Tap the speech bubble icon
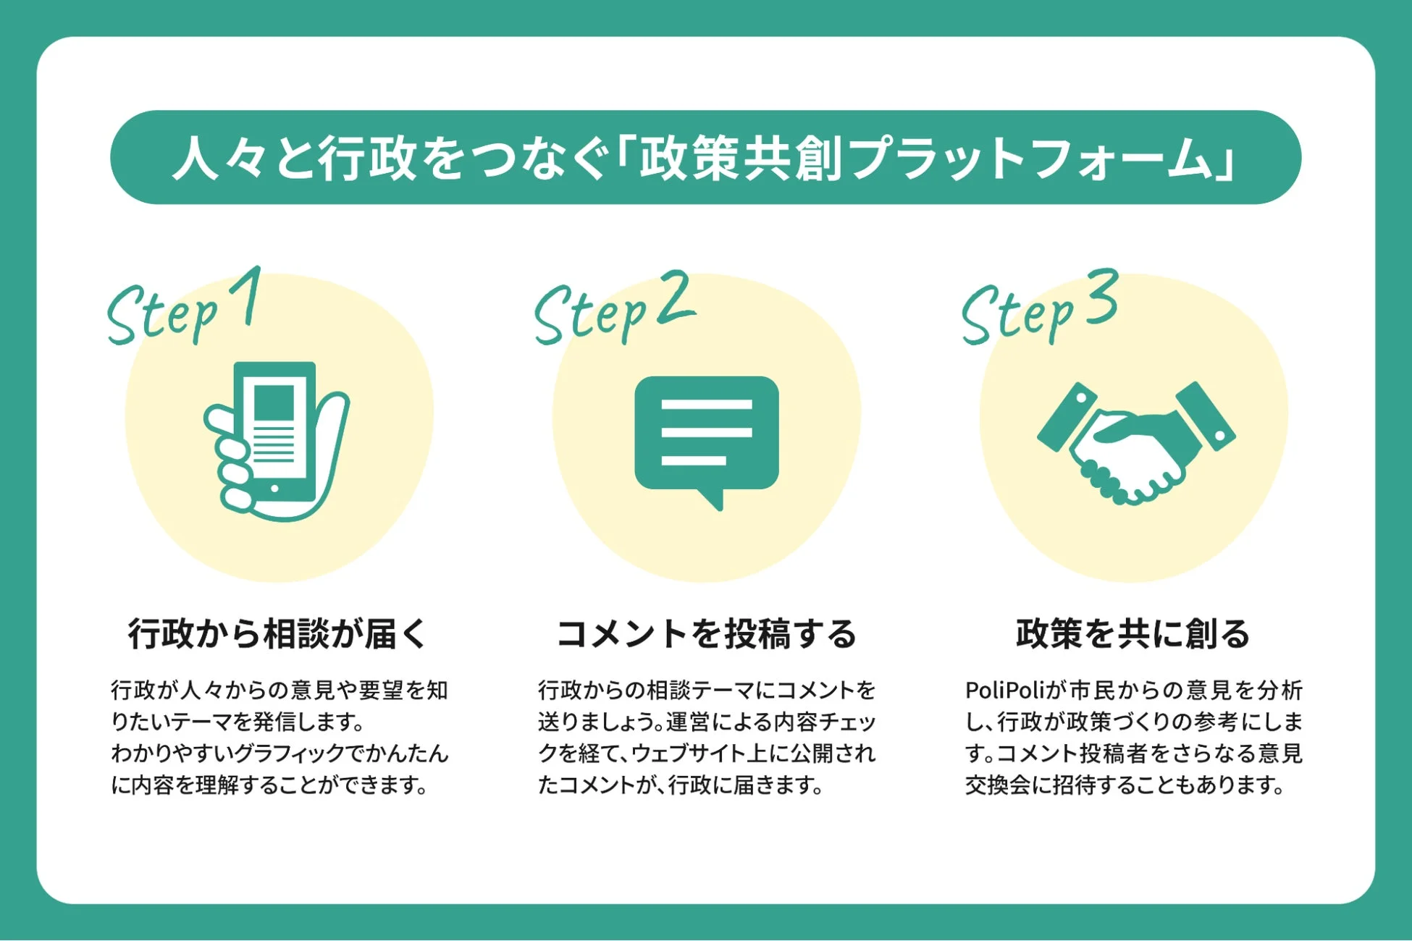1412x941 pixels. click(706, 434)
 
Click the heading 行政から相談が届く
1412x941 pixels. click(278, 633)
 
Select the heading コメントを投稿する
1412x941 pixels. click(706, 633)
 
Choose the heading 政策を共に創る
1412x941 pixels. click(1133, 633)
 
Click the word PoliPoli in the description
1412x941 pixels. click(1002, 691)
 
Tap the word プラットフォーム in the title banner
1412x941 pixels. click(1028, 158)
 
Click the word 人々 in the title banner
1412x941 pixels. click(221, 158)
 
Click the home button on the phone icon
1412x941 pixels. click(274, 489)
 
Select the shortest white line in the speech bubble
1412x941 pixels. click(694, 460)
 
